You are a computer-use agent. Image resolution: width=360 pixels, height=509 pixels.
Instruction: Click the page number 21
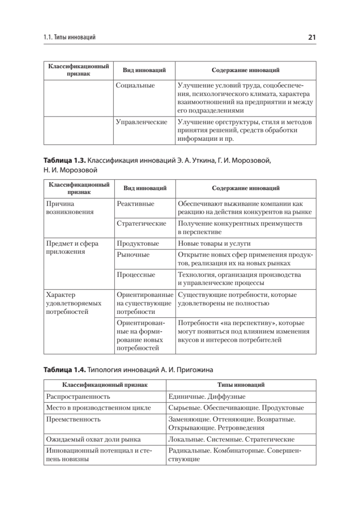click(311, 37)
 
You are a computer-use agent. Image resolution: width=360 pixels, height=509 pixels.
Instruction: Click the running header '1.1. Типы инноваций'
click(70, 38)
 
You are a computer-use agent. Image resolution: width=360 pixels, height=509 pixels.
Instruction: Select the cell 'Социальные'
click(135, 85)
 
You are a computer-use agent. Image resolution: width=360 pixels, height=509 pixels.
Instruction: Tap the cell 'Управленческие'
click(141, 122)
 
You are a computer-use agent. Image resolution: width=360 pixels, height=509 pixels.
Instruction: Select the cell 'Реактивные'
click(135, 204)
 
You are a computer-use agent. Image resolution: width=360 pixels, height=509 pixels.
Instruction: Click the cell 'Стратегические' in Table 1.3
click(141, 224)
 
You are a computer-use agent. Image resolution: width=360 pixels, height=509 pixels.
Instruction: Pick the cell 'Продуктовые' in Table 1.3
click(138, 243)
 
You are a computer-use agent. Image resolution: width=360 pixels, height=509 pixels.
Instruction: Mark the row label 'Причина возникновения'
click(70, 207)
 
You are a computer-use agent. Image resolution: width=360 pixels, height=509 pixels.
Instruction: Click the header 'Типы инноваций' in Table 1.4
click(241, 385)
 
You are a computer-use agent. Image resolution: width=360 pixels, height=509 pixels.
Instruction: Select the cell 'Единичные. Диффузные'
click(207, 397)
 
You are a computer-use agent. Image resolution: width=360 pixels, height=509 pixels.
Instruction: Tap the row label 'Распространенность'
click(78, 397)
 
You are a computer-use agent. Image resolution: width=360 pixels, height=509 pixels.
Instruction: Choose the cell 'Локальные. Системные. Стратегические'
click(231, 439)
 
